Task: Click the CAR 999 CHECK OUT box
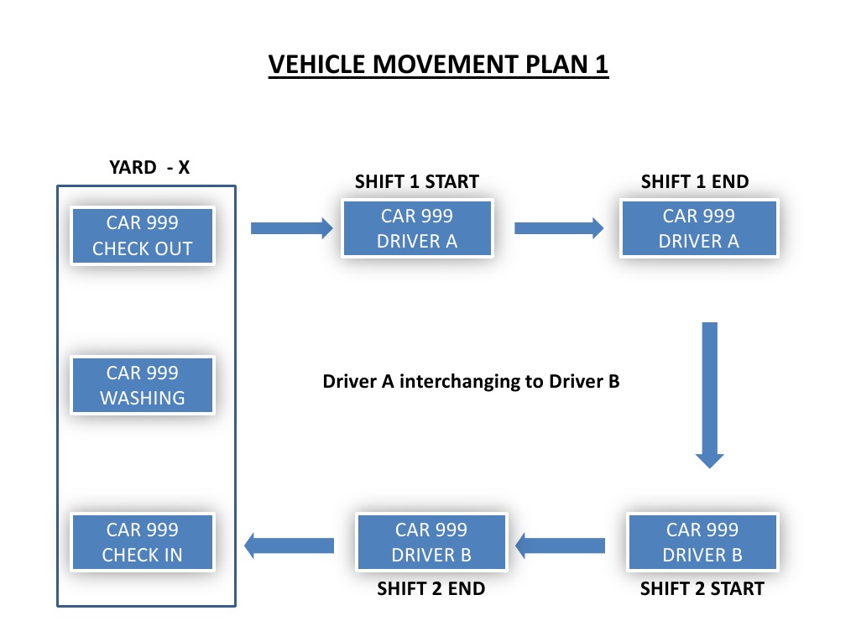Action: pos(143,236)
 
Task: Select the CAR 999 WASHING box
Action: pos(143,385)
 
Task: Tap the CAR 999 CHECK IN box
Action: pos(143,542)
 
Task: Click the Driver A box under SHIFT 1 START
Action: pos(416,228)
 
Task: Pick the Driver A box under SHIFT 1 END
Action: pos(699,228)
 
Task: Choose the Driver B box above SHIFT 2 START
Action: pos(702,542)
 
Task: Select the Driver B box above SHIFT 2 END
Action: pos(431,542)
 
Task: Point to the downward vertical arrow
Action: pos(709,394)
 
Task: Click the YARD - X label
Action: pos(149,168)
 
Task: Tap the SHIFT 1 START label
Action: pos(416,182)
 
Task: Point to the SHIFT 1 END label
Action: pos(695,182)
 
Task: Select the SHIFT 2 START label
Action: pos(702,589)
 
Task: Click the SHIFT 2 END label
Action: pos(431,589)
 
